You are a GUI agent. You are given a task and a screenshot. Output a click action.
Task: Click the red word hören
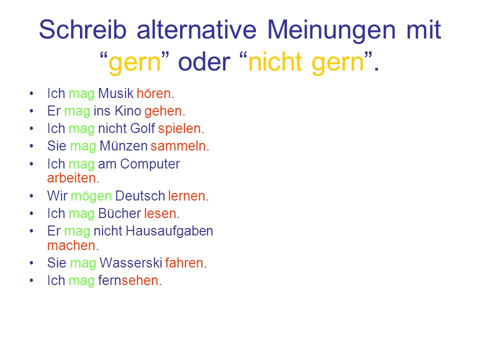154,93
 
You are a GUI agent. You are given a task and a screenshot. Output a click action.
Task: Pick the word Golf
143,128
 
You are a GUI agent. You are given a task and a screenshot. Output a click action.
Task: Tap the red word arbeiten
71,177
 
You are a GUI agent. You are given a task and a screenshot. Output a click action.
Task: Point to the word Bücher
119,213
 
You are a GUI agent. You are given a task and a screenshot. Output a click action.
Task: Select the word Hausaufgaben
170,231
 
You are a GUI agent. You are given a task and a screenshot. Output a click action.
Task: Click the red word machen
70,245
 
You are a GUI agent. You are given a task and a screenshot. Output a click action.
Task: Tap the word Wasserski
129,263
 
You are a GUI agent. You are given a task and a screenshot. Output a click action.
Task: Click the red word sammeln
178,146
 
